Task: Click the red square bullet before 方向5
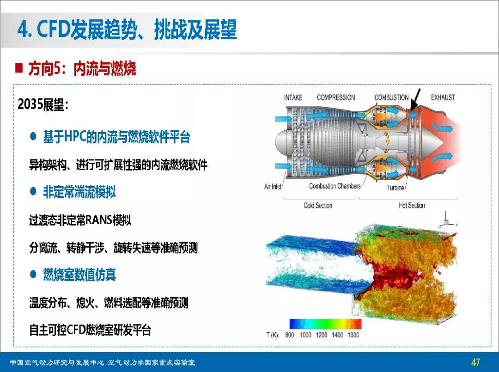19,68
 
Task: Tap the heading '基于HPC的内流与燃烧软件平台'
116,137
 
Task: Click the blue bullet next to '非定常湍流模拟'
33,191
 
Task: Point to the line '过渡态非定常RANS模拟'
80,220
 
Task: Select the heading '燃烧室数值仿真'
79,275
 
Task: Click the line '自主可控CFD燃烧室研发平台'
90,330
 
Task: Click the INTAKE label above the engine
293,98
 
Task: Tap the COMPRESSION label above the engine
336,98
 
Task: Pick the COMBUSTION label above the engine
391,98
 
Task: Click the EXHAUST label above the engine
442,98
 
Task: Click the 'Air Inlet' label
273,187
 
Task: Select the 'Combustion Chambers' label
335,186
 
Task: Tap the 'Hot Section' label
412,205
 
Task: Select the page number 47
476,362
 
